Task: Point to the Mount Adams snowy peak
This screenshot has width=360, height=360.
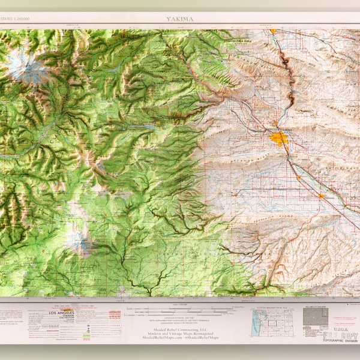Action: (79, 241)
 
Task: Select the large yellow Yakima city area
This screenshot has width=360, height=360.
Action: (279, 139)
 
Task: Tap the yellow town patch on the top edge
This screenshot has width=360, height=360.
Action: (273, 31)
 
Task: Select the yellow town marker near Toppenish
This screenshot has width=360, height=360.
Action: (322, 195)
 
